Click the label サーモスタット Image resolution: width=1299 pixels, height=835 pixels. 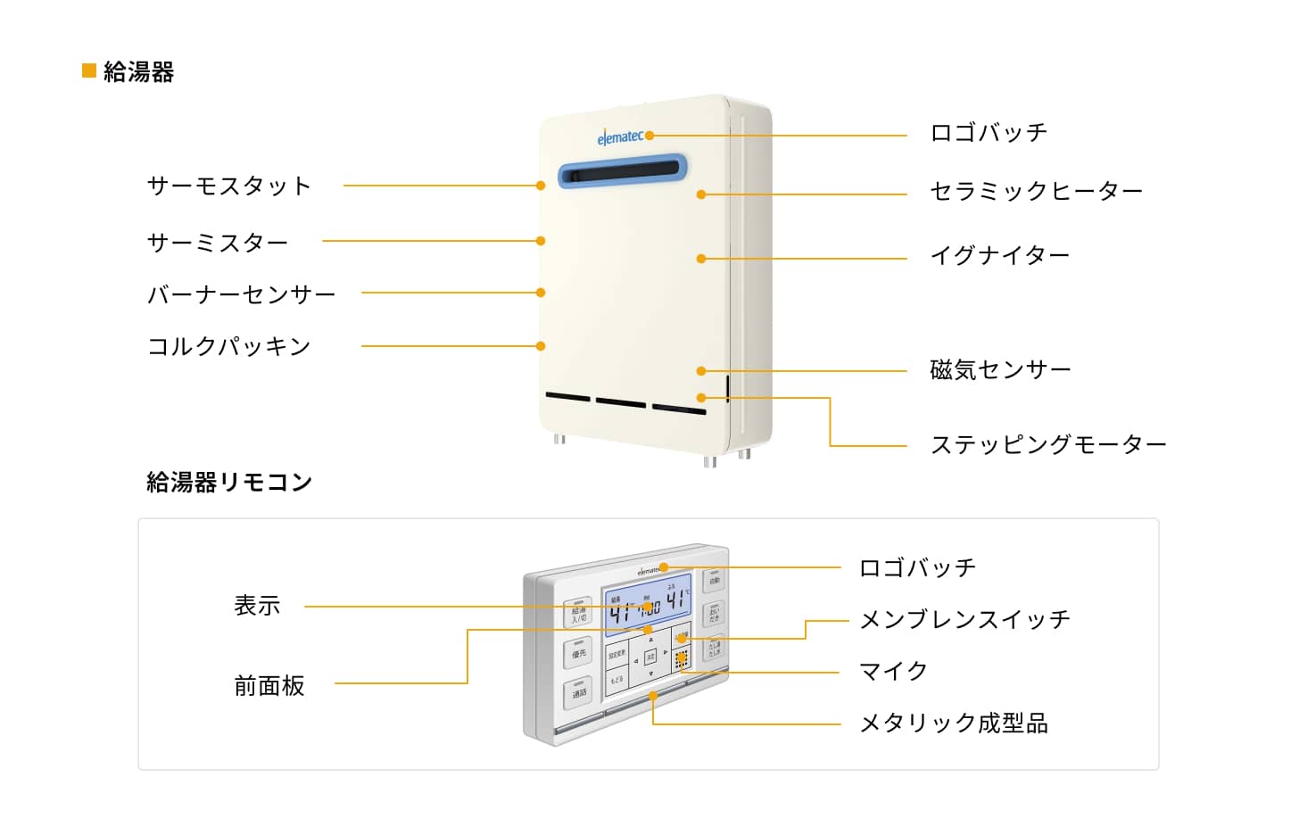tap(228, 186)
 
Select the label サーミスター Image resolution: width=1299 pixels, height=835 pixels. tap(218, 242)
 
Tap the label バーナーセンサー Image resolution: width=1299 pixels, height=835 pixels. tap(241, 293)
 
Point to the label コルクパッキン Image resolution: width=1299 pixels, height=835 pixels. tap(228, 346)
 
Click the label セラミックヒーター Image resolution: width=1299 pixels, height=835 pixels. tap(1036, 191)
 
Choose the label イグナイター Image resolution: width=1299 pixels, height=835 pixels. tap(999, 256)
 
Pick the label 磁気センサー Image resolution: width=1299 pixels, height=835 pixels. tap(1000, 369)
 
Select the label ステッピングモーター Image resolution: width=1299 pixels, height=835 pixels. tap(1048, 444)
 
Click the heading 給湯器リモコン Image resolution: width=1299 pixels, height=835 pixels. tap(229, 483)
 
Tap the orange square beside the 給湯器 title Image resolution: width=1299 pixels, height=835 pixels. tap(89, 70)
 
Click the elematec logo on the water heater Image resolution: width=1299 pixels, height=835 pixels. tap(620, 137)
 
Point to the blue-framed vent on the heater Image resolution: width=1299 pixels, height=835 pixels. tap(623, 170)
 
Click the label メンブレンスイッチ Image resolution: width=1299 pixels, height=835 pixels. tap(964, 619)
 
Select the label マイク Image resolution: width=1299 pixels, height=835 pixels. tap(893, 671)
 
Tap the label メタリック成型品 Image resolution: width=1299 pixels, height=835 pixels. tap(954, 723)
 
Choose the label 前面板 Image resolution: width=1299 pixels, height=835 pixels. tap(269, 685)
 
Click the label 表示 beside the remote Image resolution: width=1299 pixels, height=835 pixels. tap(257, 606)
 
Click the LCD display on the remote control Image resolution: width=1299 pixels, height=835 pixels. tap(648, 603)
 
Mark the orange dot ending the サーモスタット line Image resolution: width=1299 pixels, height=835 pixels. tap(541, 186)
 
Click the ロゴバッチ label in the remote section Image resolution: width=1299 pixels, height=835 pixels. tap(917, 567)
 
